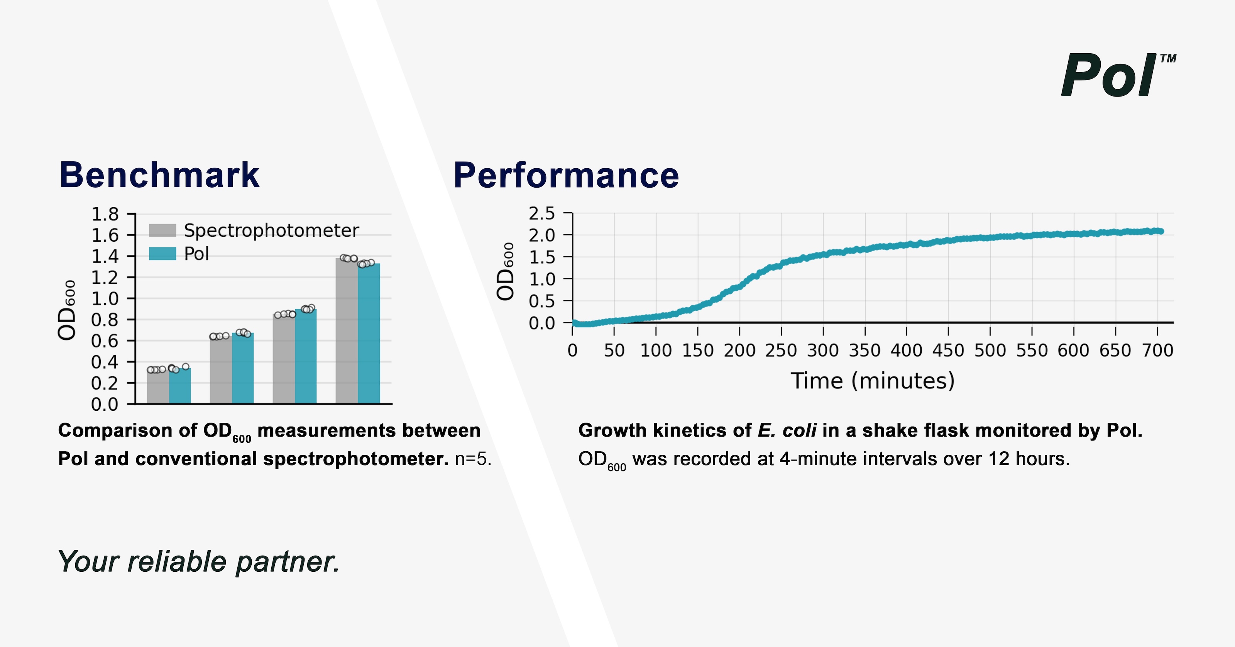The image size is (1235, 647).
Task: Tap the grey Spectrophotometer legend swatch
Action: coord(162,230)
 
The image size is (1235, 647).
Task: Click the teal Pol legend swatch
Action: coord(162,254)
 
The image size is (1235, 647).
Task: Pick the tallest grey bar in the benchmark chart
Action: coord(346,331)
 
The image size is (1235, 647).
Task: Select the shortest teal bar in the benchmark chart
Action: coord(180,386)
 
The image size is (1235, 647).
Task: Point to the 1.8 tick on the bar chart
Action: coord(105,214)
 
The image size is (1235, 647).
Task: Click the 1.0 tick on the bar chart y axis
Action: coord(105,299)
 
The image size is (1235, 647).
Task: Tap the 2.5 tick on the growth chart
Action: coord(542,213)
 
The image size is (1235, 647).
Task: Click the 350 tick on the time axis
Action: coord(864,351)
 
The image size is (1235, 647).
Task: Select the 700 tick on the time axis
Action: coord(1157,351)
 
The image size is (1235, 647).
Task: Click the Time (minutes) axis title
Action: coord(873,381)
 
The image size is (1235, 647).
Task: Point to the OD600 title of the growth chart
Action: coord(505,271)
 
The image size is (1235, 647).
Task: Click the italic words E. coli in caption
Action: coord(787,430)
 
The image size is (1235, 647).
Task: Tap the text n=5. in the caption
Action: coord(473,459)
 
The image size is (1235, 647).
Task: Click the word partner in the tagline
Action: coord(288,562)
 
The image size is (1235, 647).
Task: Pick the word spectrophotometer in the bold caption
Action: coord(356,459)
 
